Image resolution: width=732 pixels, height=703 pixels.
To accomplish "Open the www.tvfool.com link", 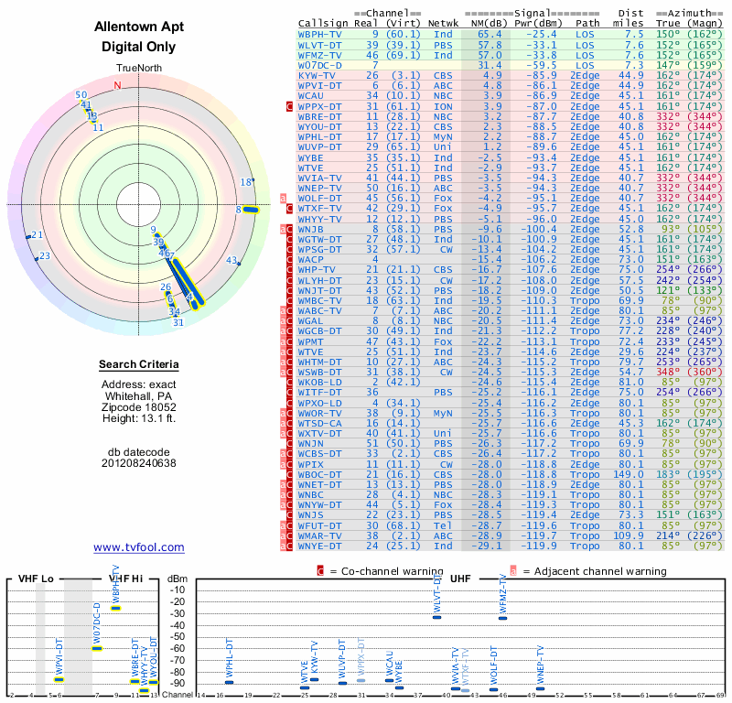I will (x=139, y=547).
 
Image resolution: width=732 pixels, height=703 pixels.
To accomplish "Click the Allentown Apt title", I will (x=139, y=27).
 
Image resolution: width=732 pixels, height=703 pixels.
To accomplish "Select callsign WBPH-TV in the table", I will (x=319, y=34).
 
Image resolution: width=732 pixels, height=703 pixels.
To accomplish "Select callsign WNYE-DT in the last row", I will (x=319, y=546).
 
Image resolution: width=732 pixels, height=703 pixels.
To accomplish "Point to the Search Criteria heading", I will (x=139, y=365).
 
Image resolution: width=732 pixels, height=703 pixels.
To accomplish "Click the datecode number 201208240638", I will (x=139, y=463).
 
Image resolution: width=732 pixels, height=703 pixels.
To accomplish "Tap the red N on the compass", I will (x=117, y=86).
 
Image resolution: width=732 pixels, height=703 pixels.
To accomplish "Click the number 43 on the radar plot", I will (x=231, y=260).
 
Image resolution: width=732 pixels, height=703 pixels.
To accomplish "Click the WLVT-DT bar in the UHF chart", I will (x=437, y=617).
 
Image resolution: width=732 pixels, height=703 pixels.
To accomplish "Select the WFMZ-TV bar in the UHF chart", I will (x=502, y=617).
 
